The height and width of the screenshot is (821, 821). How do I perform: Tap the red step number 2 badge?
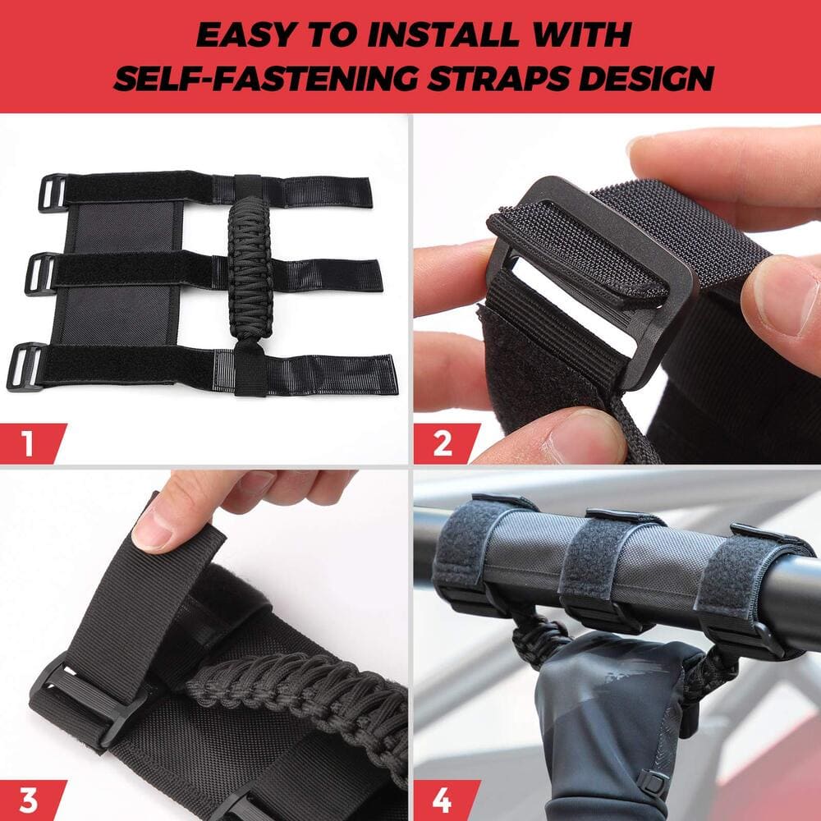tap(443, 443)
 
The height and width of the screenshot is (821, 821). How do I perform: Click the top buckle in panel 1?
tap(53, 192)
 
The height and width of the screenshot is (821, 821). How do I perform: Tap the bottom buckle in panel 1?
tap(25, 367)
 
